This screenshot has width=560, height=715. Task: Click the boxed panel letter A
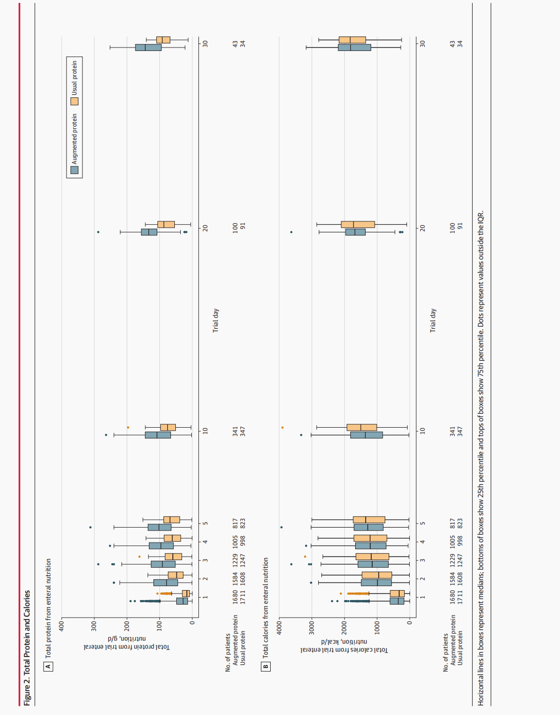48,666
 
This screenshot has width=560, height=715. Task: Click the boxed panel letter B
266,666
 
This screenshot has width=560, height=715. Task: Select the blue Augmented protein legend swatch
74,170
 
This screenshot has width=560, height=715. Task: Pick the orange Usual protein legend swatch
74,101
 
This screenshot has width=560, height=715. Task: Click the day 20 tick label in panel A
205,228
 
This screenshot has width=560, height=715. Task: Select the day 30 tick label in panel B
423,43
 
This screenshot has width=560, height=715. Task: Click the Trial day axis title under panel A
216,320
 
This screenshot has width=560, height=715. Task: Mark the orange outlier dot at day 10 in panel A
128,427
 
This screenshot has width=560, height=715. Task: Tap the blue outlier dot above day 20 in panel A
98,232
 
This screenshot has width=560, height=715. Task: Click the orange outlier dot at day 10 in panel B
282,427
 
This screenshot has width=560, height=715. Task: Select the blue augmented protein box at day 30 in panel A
148,47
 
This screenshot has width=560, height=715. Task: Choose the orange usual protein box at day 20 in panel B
358,224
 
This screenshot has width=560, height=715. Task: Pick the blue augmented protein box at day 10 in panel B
366,435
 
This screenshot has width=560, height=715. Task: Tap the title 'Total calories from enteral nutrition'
266,607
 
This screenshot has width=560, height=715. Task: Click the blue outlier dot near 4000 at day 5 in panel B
281,527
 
